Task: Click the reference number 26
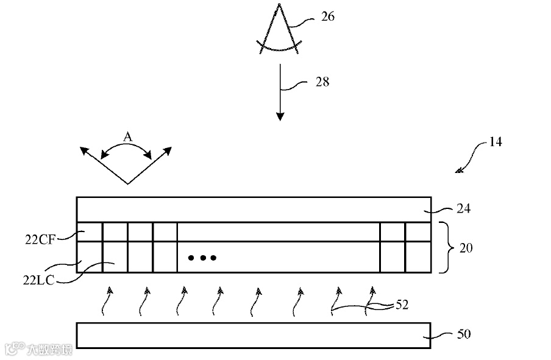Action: [x=327, y=17]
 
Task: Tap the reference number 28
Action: [x=322, y=82]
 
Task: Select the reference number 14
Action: [x=495, y=143]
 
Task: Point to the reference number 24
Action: [x=464, y=209]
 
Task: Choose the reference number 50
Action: [x=464, y=334]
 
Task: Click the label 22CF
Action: [x=40, y=239]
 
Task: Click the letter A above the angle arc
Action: [x=127, y=137]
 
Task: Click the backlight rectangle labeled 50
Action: [x=253, y=335]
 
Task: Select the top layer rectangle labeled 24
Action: [x=253, y=209]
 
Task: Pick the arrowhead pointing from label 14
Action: [x=459, y=171]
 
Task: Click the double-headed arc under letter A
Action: [x=127, y=148]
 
